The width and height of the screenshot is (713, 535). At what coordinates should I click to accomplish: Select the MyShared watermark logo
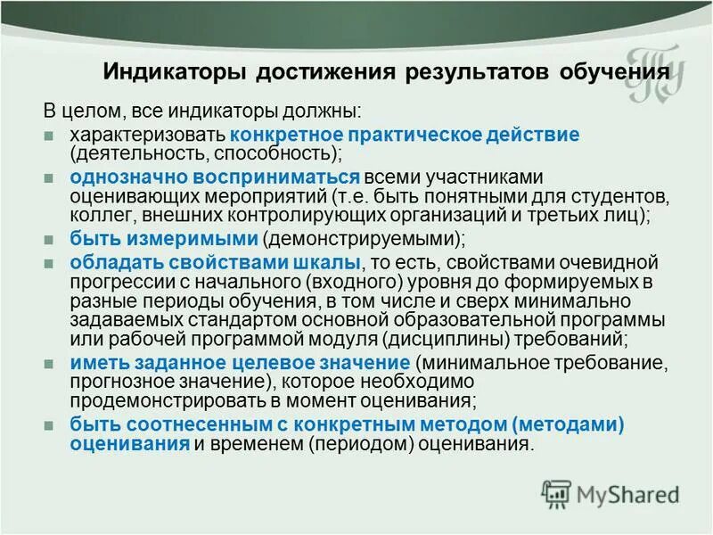[x=611, y=493]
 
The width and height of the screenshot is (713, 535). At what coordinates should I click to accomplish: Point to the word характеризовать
[x=148, y=135]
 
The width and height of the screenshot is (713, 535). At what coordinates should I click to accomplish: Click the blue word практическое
[x=417, y=135]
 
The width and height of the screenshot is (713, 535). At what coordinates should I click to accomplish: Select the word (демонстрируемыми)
[x=362, y=239]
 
